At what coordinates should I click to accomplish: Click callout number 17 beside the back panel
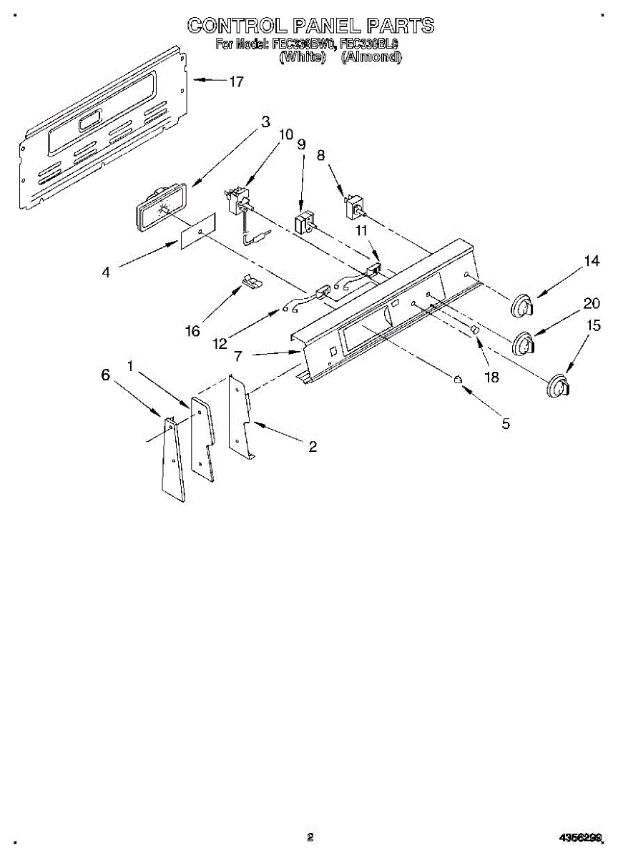(x=236, y=82)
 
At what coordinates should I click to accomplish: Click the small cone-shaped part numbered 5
(x=457, y=379)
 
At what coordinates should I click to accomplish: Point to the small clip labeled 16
(x=250, y=282)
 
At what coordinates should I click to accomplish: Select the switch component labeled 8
(x=354, y=207)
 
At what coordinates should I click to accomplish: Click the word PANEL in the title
(x=323, y=26)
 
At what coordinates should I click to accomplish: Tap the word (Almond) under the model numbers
(x=371, y=57)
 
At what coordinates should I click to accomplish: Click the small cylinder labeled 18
(x=474, y=330)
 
